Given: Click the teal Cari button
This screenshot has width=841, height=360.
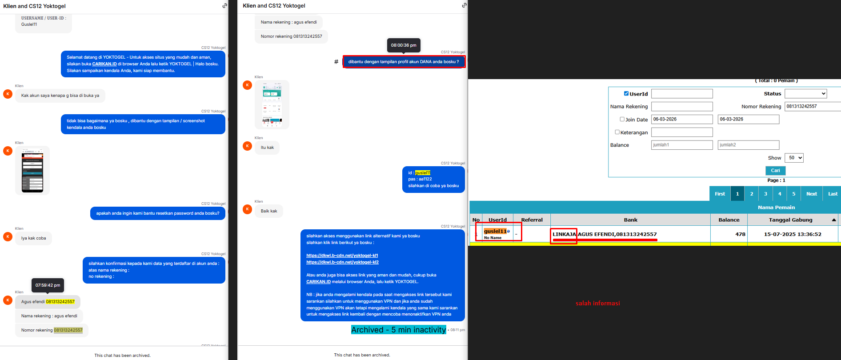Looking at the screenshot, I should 775,171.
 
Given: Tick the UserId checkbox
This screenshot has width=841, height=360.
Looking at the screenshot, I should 626,94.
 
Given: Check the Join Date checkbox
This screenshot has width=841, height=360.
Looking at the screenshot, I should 622,119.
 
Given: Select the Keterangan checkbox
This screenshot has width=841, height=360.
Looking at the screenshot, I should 617,132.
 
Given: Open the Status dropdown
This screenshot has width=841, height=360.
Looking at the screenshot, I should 805,94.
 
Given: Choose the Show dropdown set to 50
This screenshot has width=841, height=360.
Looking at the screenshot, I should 794,158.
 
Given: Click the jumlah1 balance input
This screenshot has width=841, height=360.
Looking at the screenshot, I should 682,145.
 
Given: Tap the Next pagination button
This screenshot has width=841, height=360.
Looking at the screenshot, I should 811,194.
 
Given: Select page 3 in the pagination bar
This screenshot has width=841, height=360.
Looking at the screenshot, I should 765,194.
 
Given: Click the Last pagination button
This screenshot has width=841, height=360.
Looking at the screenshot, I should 833,194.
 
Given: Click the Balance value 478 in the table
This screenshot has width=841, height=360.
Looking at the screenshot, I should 740,234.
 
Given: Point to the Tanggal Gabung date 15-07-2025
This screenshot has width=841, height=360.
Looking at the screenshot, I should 793,234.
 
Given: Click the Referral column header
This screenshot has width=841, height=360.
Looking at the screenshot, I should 532,220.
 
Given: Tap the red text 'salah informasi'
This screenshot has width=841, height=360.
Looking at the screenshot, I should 597,304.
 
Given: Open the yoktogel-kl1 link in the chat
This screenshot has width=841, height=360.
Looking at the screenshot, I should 342,256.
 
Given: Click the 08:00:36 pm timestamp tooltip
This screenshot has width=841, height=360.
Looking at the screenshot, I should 404,45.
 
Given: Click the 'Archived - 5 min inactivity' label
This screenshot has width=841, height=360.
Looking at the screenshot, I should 398,330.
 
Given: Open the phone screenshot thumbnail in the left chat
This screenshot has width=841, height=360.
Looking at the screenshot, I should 32,170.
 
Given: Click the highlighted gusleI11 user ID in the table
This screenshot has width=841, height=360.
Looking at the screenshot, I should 495,231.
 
